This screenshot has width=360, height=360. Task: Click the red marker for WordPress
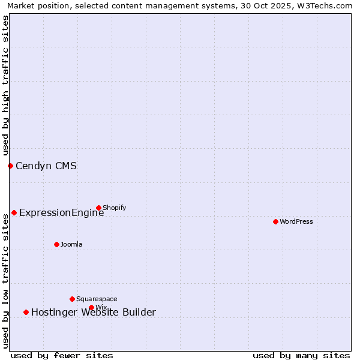[x=275, y=221]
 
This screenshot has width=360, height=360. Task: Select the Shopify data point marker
[x=98, y=208]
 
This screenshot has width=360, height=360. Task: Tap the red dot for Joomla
[x=56, y=244]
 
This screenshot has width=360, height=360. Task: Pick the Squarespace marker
[x=72, y=299]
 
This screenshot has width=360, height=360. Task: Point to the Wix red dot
[x=91, y=307]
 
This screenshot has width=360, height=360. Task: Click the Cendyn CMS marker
[x=10, y=166]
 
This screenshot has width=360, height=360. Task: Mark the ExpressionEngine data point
[x=14, y=212]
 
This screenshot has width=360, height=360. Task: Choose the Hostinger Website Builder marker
[x=26, y=312]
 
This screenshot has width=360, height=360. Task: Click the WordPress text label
[x=296, y=221]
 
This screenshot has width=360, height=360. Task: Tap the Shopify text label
[x=114, y=208]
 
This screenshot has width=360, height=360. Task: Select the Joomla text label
[x=71, y=244]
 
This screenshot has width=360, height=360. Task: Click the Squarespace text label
[x=97, y=299]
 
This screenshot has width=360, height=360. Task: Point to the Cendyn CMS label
[x=46, y=166]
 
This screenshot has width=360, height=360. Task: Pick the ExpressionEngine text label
[x=61, y=212]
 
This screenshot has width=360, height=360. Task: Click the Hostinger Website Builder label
[x=93, y=312]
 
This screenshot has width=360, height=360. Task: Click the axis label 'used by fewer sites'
[x=62, y=355]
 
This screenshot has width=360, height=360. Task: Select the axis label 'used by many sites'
[x=301, y=355]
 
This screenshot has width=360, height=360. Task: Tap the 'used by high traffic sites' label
[x=5, y=85]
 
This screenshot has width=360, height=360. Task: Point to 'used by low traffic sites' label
[x=5, y=281]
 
